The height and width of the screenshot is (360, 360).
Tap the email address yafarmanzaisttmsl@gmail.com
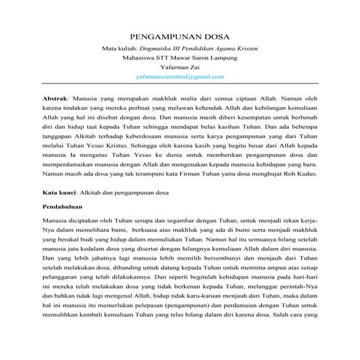180,76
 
